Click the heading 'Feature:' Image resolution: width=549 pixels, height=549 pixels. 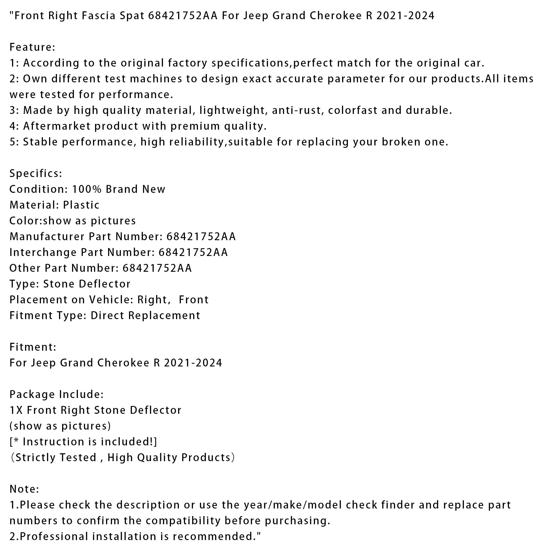pyautogui.click(x=32, y=47)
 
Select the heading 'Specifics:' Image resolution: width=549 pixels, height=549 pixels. pyautogui.click(x=36, y=173)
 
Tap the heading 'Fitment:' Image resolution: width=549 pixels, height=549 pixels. pyautogui.click(x=33, y=347)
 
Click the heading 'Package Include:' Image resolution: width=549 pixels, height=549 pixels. pyautogui.click(x=56, y=394)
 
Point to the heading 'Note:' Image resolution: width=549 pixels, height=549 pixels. pyautogui.click(x=24, y=489)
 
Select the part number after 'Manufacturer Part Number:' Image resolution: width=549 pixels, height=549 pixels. pyautogui.click(x=201, y=236)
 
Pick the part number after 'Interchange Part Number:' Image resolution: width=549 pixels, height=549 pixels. pyautogui.click(x=193, y=252)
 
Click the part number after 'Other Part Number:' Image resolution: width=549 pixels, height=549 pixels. pyautogui.click(x=157, y=268)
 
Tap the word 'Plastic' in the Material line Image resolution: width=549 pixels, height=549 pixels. pyautogui.click(x=81, y=205)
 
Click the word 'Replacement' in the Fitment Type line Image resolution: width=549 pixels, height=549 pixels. pyautogui.click(x=164, y=315)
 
